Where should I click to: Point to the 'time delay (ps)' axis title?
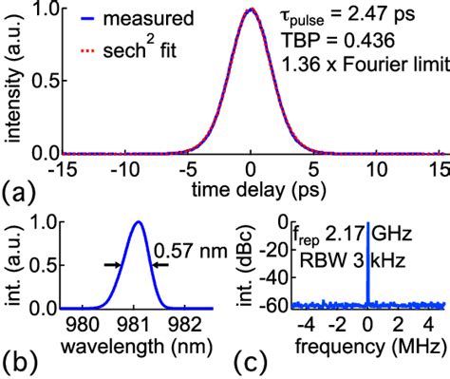[251, 188]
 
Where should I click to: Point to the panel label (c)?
[245, 362]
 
